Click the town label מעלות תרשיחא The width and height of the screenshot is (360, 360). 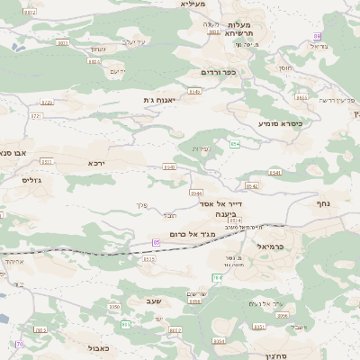pos(239,29)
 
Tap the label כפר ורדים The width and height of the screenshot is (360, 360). pos(218,72)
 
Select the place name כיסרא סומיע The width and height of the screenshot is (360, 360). pos(280,122)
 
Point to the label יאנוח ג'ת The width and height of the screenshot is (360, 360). pos(158,100)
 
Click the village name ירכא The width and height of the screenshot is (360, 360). pos(96,163)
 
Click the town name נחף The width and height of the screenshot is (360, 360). pos(323,204)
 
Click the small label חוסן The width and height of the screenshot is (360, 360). pos(285,68)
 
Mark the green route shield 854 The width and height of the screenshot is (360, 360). pos(234,144)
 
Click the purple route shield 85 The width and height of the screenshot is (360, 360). pos(157,242)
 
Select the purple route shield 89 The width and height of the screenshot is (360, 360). pos(317,35)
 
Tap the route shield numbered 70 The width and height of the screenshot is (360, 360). pos(19,344)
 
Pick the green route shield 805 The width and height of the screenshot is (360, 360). pos(126,324)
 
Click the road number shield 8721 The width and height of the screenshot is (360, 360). pos(36,116)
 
